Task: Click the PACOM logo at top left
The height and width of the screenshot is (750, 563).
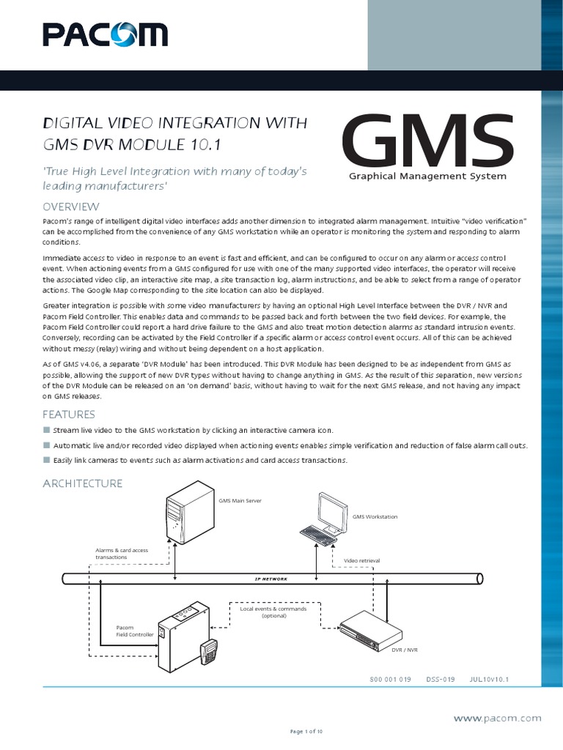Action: [x=105, y=34]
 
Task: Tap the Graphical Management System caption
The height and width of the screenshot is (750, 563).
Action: [x=428, y=177]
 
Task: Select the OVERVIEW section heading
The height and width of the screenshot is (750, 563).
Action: [x=71, y=207]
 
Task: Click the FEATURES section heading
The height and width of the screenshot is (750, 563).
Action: [x=68, y=415]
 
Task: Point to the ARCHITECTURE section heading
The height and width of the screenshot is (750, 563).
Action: [x=82, y=483]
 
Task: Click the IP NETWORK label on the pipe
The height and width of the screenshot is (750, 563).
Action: [x=271, y=579]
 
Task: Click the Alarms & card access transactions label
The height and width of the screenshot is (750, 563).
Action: [x=122, y=553]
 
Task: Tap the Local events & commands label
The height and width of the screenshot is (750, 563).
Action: [x=273, y=612]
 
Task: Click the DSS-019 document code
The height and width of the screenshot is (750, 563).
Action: [x=440, y=679]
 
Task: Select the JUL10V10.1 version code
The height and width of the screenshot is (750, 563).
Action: [x=489, y=679]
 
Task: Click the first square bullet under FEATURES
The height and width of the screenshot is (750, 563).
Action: [x=46, y=431]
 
